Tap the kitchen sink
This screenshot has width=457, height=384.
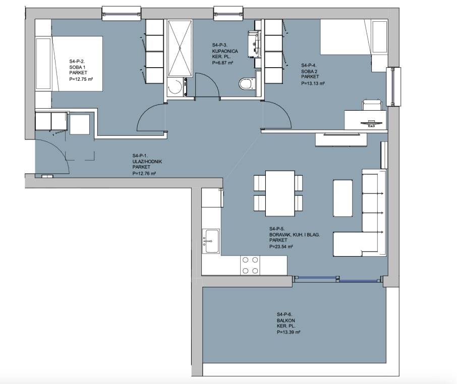click(x=211, y=241)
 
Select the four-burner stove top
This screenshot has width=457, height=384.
click(x=250, y=265)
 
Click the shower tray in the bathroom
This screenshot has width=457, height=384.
click(x=180, y=48)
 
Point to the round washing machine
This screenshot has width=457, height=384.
click(x=175, y=87)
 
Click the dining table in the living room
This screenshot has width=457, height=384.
click(x=280, y=194)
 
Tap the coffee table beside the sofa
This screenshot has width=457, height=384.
click(x=342, y=198)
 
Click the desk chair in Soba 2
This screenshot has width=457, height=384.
click(x=372, y=105)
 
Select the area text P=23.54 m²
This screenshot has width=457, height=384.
click(x=281, y=247)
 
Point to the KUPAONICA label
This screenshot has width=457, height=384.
click(x=225, y=51)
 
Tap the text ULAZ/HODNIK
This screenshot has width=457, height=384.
click(x=147, y=162)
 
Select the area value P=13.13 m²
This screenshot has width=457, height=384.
click(x=313, y=83)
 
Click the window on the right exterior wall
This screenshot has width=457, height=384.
click(x=393, y=86)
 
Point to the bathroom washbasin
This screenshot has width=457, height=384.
click(x=253, y=44)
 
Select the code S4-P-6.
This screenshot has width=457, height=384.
click(x=284, y=314)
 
